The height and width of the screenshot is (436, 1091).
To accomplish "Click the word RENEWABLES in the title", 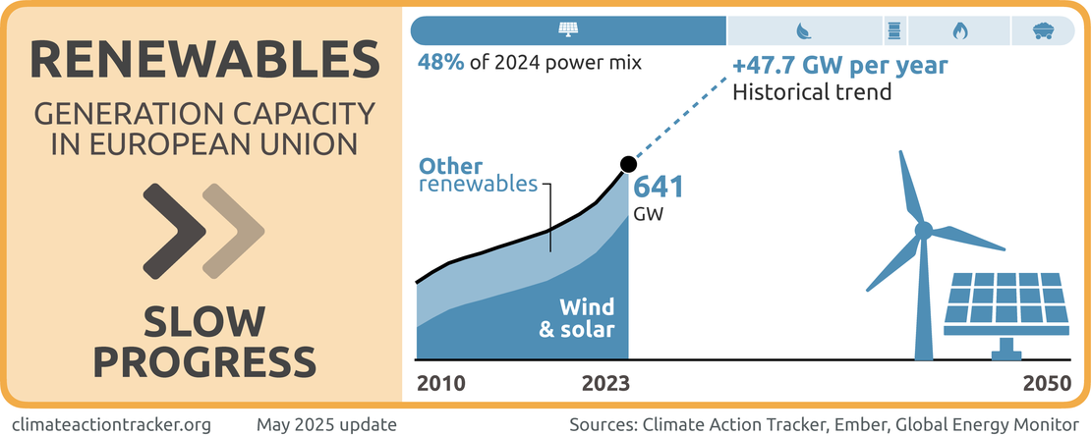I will click(x=205, y=60).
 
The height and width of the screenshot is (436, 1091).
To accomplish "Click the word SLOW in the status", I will click(x=204, y=323).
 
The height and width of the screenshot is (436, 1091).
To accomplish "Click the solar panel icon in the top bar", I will click(x=568, y=30).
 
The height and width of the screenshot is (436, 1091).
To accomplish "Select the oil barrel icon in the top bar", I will click(x=894, y=30).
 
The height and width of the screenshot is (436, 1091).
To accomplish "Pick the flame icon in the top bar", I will click(x=959, y=30).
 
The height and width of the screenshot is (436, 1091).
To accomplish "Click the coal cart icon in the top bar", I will click(x=1046, y=30).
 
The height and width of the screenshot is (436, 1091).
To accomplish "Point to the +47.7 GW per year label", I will click(x=839, y=67).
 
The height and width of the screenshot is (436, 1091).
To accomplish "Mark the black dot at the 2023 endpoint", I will click(x=627, y=165).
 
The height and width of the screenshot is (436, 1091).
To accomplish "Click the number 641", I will click(x=658, y=188).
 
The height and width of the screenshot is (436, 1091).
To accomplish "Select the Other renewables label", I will click(x=478, y=175).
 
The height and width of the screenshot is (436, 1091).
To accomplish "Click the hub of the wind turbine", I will click(x=923, y=231).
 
